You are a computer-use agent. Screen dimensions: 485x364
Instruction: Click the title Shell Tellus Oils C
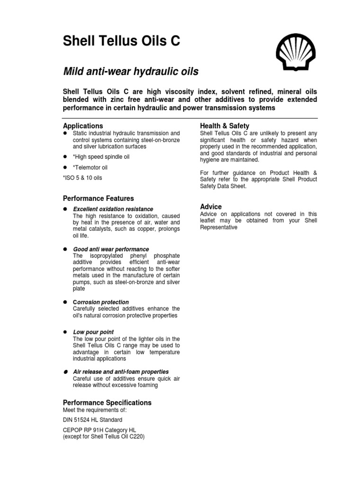122,42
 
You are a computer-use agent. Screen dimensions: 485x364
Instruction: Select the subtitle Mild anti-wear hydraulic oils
131,72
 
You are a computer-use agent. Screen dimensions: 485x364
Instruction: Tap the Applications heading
83,126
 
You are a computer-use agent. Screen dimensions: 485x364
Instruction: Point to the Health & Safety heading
225,126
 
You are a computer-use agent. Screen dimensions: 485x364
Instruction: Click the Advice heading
211,207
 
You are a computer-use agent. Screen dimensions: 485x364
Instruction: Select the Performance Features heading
99,198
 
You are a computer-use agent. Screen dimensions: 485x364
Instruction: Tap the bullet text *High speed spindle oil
101,157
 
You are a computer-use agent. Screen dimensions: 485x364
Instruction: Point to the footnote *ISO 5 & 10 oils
82,178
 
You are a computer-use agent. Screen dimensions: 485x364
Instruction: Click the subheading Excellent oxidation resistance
113,209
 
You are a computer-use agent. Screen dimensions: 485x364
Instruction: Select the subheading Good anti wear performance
111,249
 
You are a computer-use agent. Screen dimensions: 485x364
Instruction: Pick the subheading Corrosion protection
101,302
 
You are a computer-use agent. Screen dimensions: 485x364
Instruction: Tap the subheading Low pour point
93,332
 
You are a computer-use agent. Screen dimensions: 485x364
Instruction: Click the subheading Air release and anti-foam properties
121,372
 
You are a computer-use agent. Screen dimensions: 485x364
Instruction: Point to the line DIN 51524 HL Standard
92,420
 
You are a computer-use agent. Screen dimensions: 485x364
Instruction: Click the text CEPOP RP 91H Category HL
100,431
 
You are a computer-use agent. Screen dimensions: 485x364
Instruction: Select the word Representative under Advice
219,227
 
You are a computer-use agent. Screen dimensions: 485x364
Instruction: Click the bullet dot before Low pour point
66,332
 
